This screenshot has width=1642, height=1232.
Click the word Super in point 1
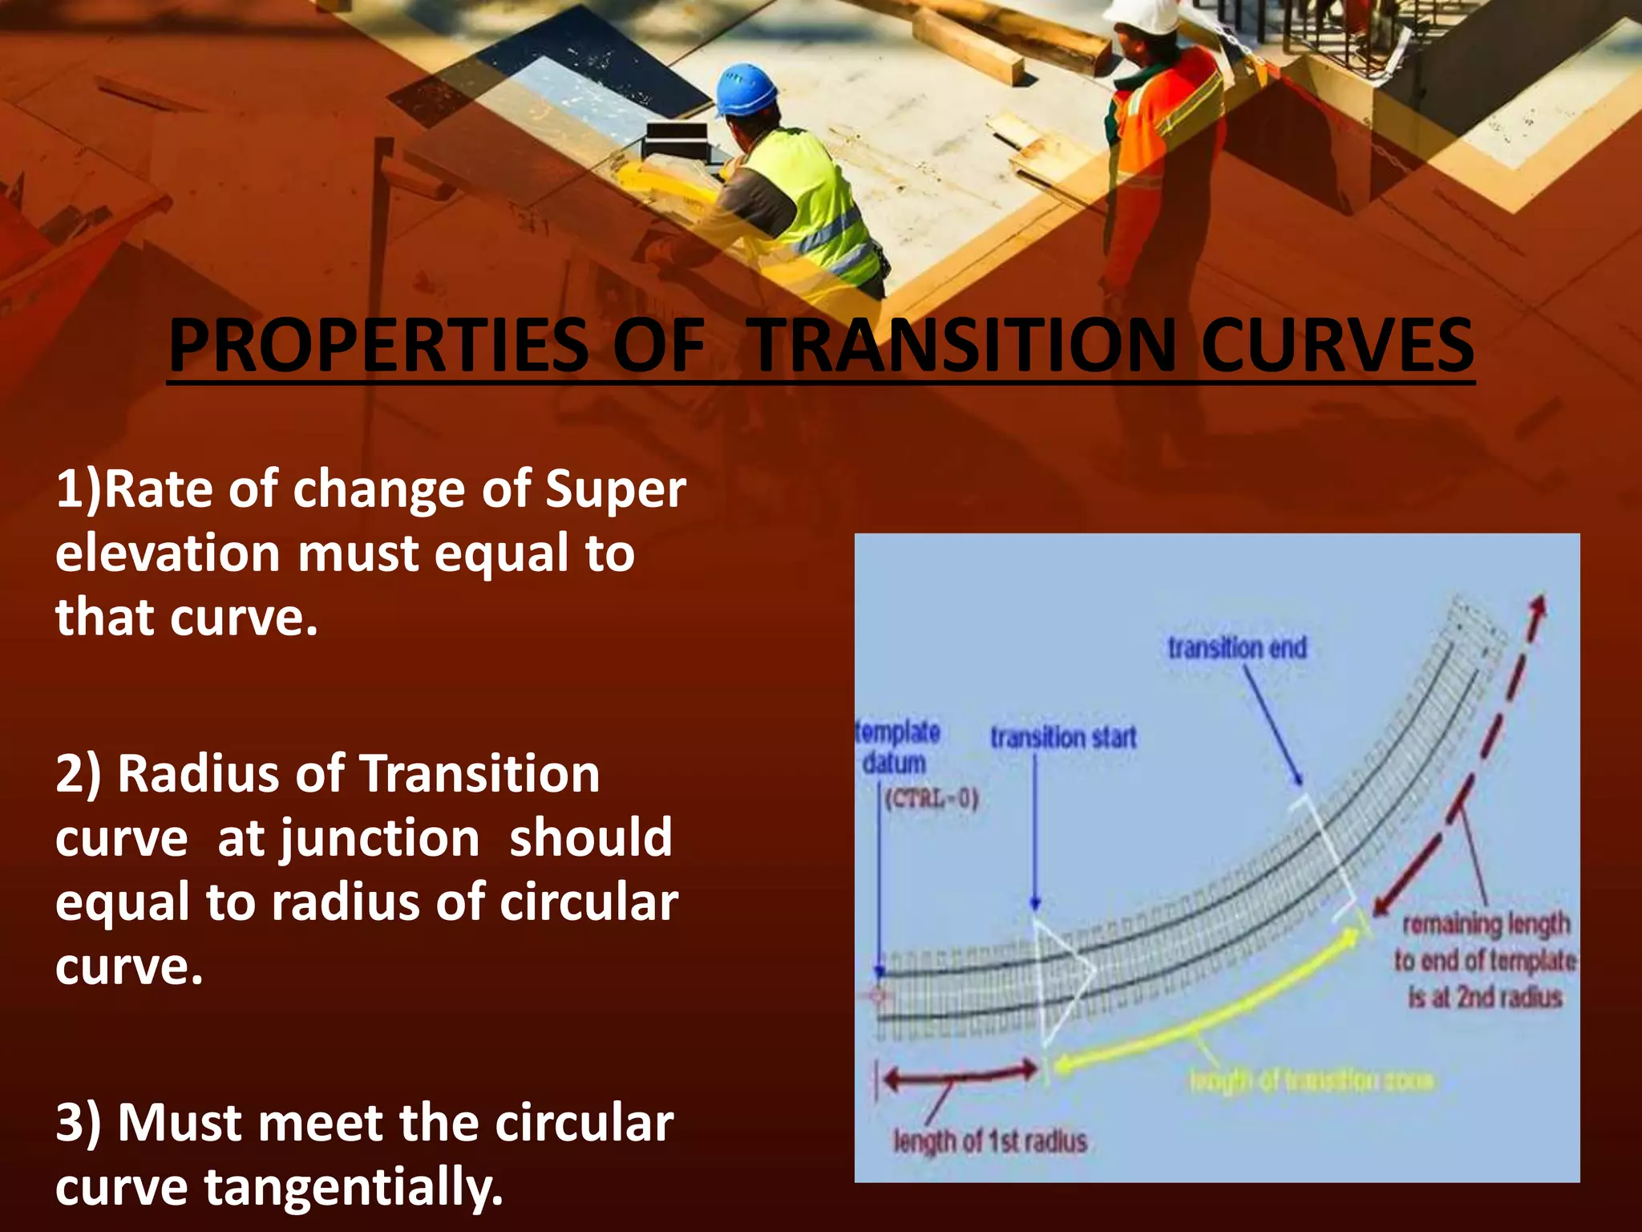[x=615, y=489]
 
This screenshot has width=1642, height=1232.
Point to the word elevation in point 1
[x=168, y=553]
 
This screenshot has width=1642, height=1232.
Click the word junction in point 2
[x=378, y=839]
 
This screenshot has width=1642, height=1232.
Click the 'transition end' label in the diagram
[x=1237, y=648]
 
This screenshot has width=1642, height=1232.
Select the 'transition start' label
[x=1063, y=737]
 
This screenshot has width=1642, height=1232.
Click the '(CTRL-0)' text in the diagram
[x=931, y=800]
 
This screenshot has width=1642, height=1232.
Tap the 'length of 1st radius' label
[x=990, y=1141]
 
